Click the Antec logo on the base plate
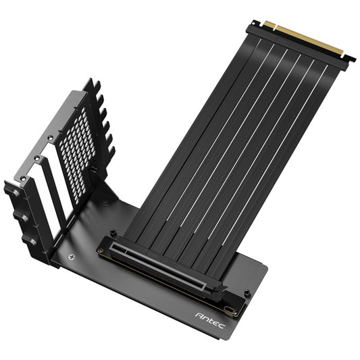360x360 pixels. pos(210,315)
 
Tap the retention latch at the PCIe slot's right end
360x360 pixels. pos(217,291)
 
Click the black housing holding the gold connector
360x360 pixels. pos(297,43)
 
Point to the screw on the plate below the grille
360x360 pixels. pos(106,201)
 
